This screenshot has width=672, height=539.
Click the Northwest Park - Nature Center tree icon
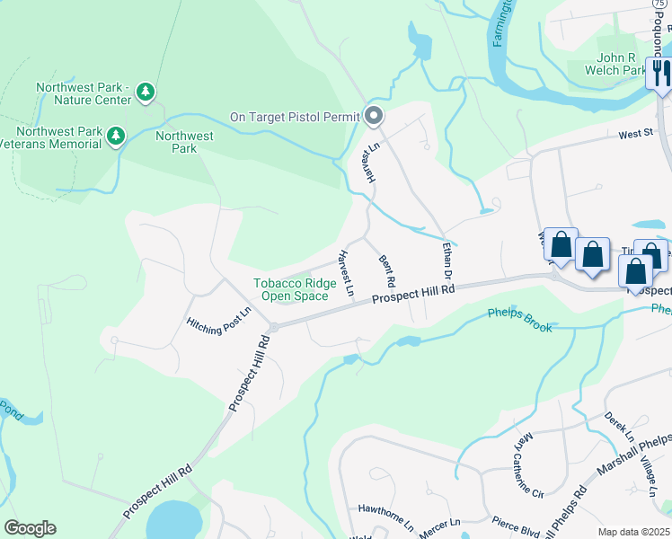click(x=146, y=92)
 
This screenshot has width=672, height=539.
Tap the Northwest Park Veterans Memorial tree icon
click(x=115, y=137)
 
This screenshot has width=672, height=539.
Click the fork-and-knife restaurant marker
click(x=660, y=73)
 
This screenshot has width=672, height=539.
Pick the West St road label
click(x=635, y=134)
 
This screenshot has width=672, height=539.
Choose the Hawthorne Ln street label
click(x=385, y=508)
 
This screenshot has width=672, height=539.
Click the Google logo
click(x=30, y=528)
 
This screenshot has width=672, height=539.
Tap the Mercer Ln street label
click(x=439, y=520)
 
